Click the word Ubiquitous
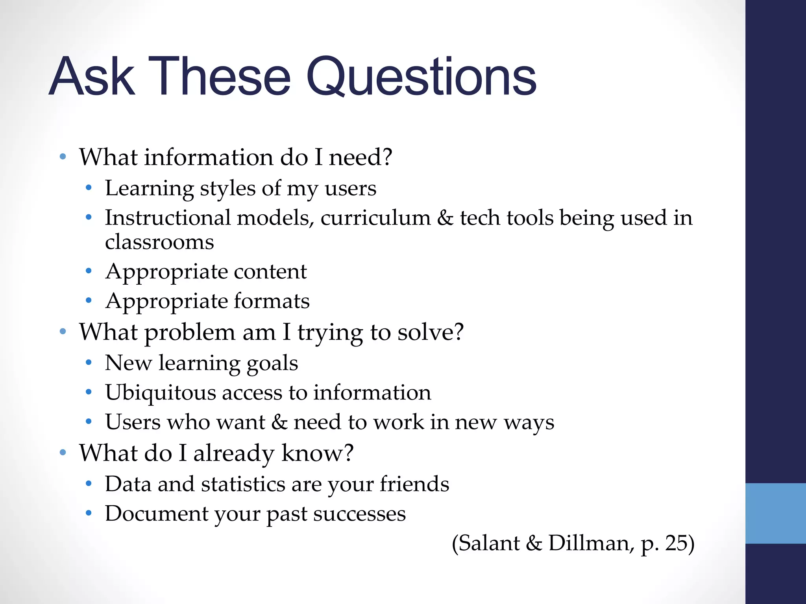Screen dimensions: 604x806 pos(160,393)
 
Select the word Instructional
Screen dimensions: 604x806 pos(168,218)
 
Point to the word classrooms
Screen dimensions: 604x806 pos(159,242)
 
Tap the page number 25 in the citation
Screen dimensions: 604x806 pos(676,543)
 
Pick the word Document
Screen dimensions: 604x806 pos(156,514)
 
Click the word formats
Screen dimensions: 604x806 pos(272,301)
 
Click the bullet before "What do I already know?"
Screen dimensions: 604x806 pos(63,453)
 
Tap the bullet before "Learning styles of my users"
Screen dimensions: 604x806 pos(89,188)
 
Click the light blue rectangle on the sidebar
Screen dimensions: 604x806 pos(775,513)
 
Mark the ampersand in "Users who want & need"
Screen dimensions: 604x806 pos(279,422)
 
